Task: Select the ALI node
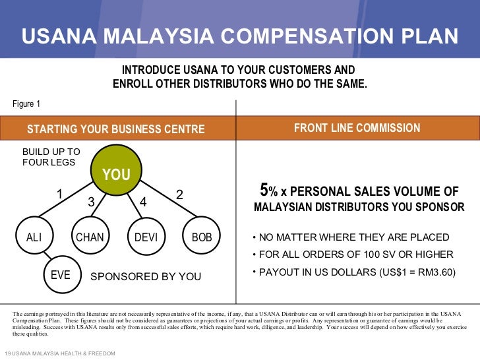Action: pyautogui.click(x=34, y=237)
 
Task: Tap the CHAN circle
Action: pyautogui.click(x=90, y=237)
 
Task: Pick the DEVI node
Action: pyautogui.click(x=146, y=237)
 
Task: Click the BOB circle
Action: pyautogui.click(x=202, y=237)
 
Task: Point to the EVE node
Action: pyautogui.click(x=61, y=275)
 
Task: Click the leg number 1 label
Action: pyautogui.click(x=59, y=195)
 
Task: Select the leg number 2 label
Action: pyautogui.click(x=179, y=195)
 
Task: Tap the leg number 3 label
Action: pyautogui.click(x=91, y=202)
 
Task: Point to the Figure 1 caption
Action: pyautogui.click(x=26, y=104)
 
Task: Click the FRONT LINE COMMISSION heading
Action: pyautogui.click(x=357, y=128)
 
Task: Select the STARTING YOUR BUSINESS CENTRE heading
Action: pyautogui.click(x=115, y=129)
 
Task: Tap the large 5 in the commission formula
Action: pyautogui.click(x=264, y=191)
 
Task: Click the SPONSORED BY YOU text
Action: pyautogui.click(x=145, y=277)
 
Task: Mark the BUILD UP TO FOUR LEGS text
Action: pyautogui.click(x=51, y=156)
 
